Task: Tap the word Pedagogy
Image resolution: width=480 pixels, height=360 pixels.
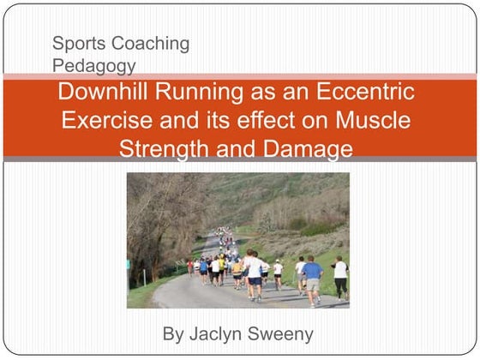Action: point(93,64)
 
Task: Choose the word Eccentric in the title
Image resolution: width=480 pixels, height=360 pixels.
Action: point(374,92)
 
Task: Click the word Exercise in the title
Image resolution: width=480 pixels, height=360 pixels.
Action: point(105,120)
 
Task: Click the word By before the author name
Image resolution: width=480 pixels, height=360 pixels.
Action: point(174,333)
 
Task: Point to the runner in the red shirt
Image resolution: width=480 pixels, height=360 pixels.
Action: point(189,267)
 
